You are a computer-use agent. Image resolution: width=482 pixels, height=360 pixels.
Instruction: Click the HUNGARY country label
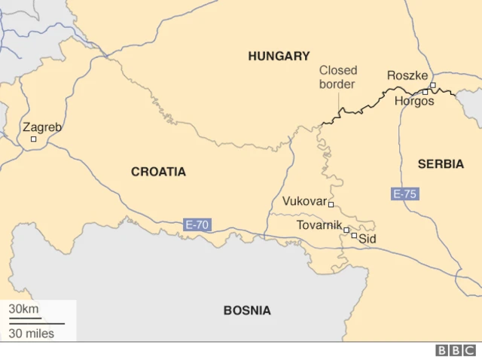coord(279,56)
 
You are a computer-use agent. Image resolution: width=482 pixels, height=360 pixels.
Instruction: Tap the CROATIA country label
coord(158,172)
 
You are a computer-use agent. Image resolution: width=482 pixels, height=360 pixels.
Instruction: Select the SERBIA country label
coord(441,164)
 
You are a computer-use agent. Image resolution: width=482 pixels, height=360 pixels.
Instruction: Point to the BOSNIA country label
coord(247,310)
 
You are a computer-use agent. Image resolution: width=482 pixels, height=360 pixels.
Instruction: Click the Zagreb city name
coord(42,127)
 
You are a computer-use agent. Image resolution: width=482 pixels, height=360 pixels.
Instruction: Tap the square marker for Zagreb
coord(33,139)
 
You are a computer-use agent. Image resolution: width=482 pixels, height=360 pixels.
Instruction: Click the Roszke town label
coord(407,75)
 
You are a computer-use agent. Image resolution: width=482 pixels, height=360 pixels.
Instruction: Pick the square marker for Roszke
coord(433,85)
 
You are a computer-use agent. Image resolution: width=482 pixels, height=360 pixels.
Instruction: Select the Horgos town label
coord(414,101)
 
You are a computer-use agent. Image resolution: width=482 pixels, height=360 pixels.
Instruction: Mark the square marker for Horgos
coord(426,93)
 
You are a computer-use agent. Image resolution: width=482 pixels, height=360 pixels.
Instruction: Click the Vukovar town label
coord(304,201)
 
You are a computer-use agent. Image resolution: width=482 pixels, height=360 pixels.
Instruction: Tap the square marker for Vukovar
coord(331,204)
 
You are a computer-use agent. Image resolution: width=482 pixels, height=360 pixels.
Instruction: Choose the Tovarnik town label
coord(319,225)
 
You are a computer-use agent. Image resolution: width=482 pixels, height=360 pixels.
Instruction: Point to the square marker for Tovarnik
coord(346,230)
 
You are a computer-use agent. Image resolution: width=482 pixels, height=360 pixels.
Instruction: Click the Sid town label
coord(367,239)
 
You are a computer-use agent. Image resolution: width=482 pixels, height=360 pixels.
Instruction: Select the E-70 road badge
coord(197,224)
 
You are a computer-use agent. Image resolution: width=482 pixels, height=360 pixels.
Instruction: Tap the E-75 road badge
coord(404,194)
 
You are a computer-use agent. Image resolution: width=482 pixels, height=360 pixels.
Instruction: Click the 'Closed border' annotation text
coord(337,77)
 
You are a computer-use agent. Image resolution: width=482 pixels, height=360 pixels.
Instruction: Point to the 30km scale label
coord(23,309)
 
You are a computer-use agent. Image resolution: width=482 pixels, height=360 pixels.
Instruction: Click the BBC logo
coord(456,350)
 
